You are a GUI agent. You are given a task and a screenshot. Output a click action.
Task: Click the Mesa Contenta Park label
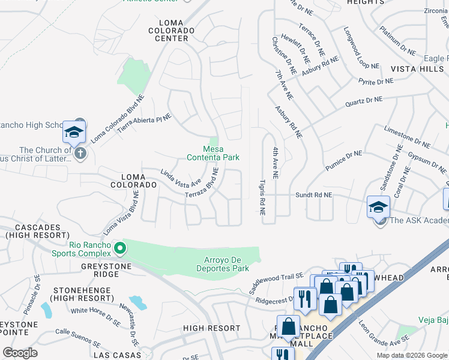(213, 153)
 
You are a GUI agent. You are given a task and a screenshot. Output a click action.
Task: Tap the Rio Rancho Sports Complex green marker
(120, 247)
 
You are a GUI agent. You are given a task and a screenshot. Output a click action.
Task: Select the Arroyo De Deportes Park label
(223, 265)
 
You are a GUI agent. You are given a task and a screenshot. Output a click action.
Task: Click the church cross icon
(80, 154)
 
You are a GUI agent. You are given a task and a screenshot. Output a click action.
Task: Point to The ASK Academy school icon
(379, 207)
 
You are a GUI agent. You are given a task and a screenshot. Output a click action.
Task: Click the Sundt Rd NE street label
(313, 195)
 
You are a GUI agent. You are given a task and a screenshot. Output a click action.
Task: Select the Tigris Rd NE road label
(262, 197)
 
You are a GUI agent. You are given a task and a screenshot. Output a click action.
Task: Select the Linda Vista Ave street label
(180, 178)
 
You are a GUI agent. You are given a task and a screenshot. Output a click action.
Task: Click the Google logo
(20, 353)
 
